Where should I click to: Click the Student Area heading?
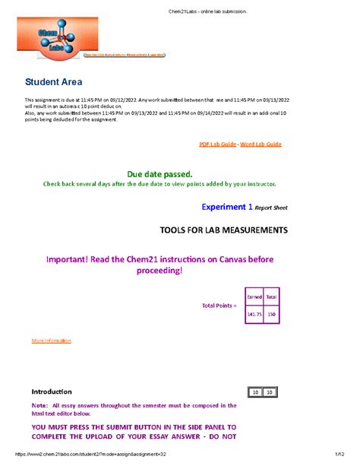(x=54, y=81)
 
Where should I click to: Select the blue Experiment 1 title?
(x=227, y=206)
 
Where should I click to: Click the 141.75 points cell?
(x=250, y=314)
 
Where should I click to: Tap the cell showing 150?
(x=270, y=314)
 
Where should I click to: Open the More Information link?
(x=51, y=341)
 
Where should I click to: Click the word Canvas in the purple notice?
(x=226, y=259)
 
